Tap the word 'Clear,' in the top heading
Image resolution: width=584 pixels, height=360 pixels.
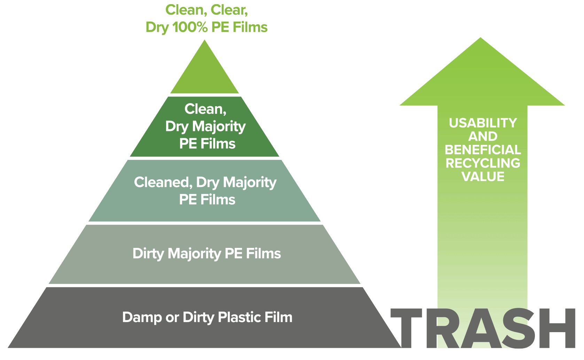click(229, 11)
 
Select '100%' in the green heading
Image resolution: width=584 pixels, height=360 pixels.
click(190, 27)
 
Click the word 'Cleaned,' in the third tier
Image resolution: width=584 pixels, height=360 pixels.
click(163, 182)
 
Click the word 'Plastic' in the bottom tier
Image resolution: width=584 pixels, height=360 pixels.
click(240, 317)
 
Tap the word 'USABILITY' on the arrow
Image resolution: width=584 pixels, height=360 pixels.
click(483, 123)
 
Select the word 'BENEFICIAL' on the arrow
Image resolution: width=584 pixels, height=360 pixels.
click(483, 150)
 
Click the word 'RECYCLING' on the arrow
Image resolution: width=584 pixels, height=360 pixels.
click(483, 163)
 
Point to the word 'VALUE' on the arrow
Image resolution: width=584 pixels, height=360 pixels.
click(483, 177)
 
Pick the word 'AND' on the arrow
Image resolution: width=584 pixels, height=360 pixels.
click(483, 136)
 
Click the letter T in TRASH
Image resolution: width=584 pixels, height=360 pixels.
click(406, 328)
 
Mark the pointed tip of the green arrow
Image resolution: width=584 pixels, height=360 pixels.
click(481, 38)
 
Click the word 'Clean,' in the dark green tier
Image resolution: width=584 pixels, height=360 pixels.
click(205, 109)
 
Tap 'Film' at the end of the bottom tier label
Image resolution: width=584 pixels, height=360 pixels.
click(279, 317)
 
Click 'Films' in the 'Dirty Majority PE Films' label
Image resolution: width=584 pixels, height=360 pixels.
click(263, 253)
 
